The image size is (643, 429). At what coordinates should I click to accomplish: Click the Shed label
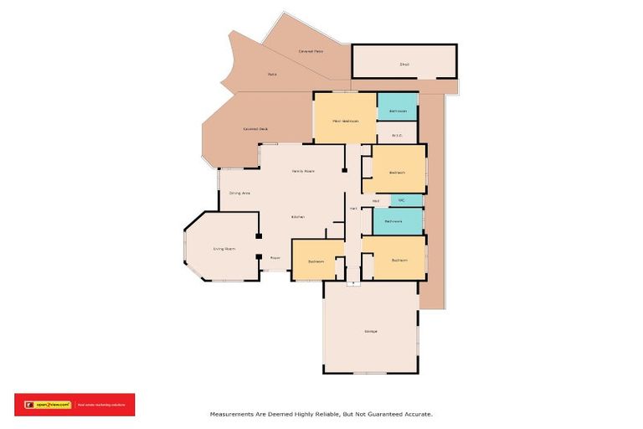404,64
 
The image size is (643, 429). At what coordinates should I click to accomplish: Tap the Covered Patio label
311,52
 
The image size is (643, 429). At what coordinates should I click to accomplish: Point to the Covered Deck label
255,129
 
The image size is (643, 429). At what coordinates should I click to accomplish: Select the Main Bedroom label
345,121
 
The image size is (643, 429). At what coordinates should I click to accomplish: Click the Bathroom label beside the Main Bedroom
398,111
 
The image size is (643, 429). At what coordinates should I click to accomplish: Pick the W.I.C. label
397,136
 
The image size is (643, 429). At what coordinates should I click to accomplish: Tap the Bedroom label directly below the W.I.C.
397,173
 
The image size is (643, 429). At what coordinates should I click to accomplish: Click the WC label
402,200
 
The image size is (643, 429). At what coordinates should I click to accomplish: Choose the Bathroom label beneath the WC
394,221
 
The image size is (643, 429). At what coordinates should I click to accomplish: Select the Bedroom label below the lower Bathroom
399,260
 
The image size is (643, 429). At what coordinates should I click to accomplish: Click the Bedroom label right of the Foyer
316,261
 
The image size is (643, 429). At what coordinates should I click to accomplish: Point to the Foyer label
275,258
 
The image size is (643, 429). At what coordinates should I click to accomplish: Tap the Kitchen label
297,217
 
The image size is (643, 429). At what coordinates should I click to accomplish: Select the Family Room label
302,171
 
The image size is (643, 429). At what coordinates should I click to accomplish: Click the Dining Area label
240,194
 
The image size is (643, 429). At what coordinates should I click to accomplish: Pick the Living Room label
224,249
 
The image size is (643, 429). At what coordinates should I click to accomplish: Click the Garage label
370,331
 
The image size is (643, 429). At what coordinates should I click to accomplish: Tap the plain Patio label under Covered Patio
272,75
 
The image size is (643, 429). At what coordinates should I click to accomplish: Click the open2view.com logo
49,405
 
